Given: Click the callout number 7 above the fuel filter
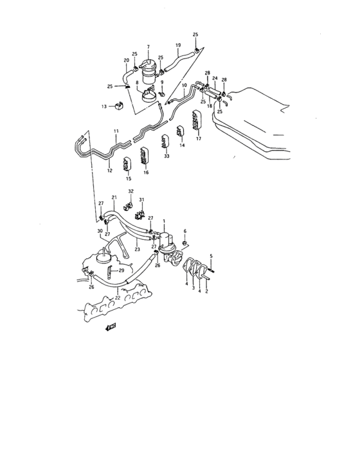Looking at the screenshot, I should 148,47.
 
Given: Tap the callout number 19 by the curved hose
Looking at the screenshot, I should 178,44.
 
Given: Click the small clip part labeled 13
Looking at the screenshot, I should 119,105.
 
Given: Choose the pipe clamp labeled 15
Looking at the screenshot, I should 128,164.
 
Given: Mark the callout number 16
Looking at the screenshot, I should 146,173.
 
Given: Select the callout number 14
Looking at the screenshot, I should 182,146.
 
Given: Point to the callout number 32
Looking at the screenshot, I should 130,191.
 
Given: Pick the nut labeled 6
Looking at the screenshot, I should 184,244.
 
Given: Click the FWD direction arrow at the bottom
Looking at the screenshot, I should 111,327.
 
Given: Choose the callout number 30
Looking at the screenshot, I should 100,231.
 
